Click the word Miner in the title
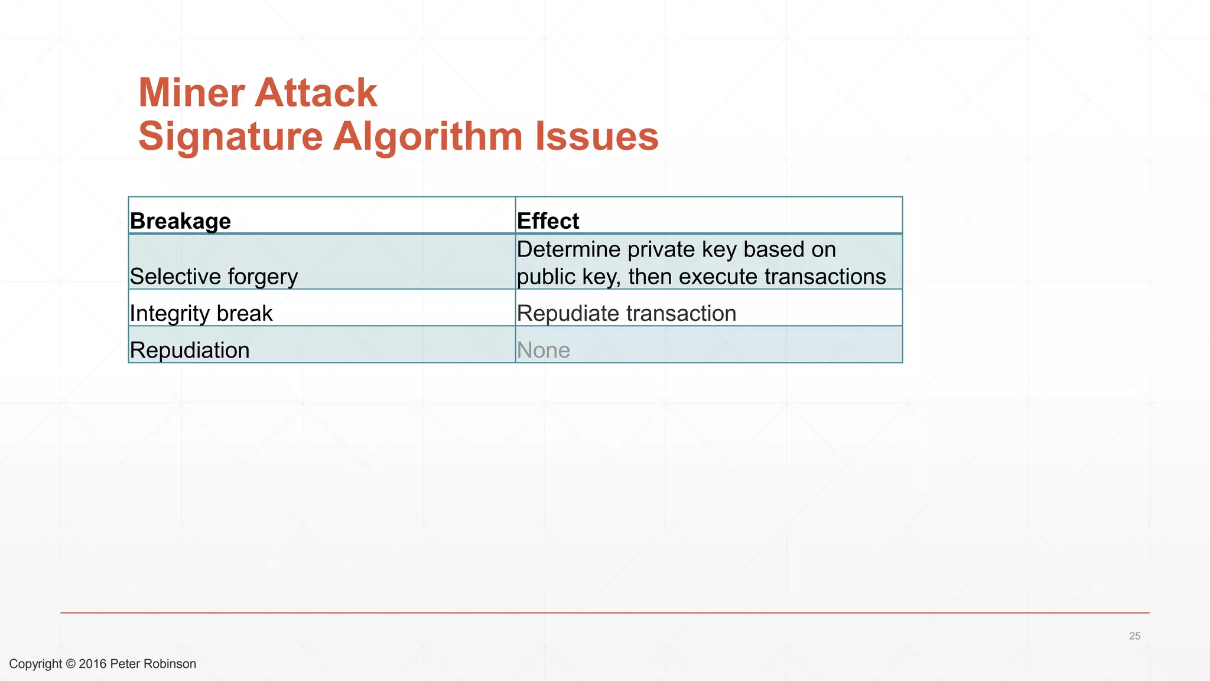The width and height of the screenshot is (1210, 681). pos(190,93)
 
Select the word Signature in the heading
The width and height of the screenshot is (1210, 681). pos(230,137)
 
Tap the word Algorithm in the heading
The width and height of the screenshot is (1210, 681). pos(428,137)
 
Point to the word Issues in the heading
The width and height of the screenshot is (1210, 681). pos(597,137)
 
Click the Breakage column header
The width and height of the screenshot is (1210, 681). pos(180,221)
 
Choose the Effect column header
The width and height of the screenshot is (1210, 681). pos(548,221)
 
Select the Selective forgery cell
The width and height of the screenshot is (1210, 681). pos(213,277)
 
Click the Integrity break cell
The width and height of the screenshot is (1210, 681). pos(201,313)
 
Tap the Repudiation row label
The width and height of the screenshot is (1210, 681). pos(190,350)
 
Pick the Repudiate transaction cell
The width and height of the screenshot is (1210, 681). pos(626,313)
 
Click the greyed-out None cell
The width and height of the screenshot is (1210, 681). pos(543,351)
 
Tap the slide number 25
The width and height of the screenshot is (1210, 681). pos(1134,636)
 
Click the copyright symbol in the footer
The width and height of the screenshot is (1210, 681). pos(70,664)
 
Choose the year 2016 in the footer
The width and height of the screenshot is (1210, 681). pos(93,664)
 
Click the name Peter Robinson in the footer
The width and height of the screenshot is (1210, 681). pos(153,664)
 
